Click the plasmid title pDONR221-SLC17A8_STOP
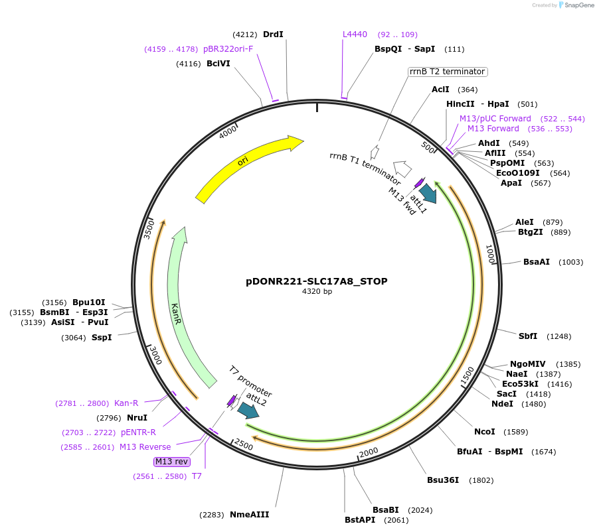tap(317, 281)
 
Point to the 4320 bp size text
tap(317, 292)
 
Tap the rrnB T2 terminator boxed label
tap(448, 72)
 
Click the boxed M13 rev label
tap(172, 462)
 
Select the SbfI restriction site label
tap(528, 336)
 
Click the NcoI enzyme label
tap(485, 432)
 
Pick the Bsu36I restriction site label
tap(443, 480)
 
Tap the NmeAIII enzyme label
tap(250, 515)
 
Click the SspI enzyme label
tap(102, 338)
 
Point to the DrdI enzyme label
tap(274, 34)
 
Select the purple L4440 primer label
tap(355, 34)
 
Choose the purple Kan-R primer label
tap(126, 403)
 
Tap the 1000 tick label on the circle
tap(490, 253)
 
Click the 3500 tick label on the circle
tap(149, 228)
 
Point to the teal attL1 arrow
tap(428, 193)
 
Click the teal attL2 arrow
tap(248, 411)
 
